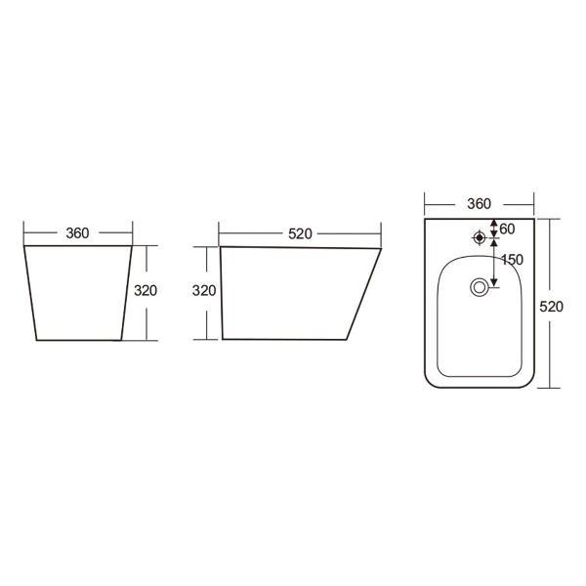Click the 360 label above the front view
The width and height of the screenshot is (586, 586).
77,233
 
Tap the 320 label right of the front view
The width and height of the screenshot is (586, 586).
146,290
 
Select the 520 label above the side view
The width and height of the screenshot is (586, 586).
300,234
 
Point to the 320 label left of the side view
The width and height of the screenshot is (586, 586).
204,290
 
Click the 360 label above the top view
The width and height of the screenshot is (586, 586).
480,204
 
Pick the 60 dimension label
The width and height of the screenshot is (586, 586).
507,229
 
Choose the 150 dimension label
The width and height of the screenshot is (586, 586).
512,260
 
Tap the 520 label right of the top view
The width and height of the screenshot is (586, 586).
551,307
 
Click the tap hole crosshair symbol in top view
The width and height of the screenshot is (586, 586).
480,237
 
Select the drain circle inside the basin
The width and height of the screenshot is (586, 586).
479,287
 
